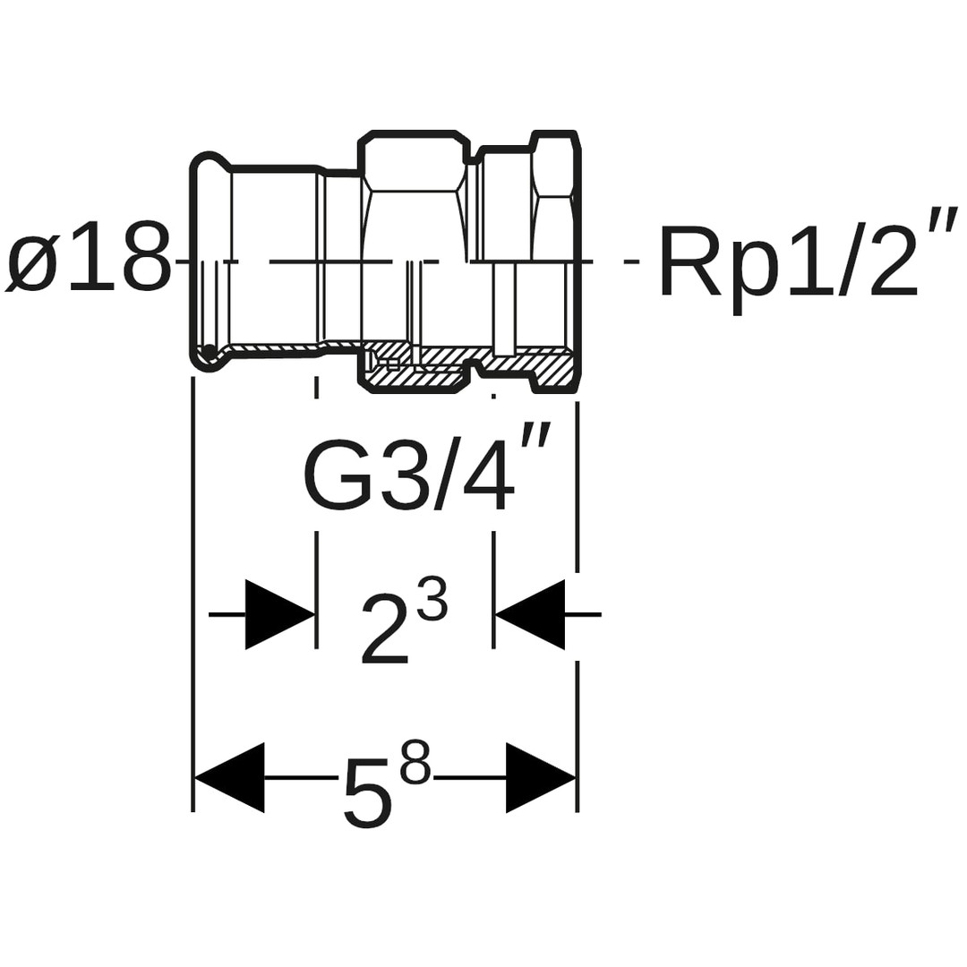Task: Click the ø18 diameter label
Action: click(x=88, y=257)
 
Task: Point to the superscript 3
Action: click(x=432, y=599)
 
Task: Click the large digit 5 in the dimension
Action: click(x=368, y=793)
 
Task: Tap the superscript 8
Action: click(x=415, y=762)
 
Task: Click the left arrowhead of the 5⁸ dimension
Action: click(x=230, y=777)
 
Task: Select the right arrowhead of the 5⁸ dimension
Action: click(x=541, y=777)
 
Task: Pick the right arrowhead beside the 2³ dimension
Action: click(x=530, y=614)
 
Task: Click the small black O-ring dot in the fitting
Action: click(x=209, y=350)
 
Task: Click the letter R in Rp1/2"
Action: click(x=689, y=261)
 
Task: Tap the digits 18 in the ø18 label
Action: click(x=117, y=257)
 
